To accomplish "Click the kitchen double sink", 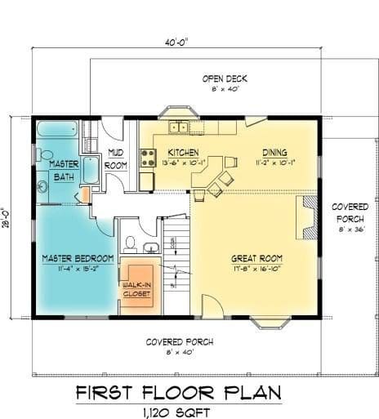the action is pos(179,127).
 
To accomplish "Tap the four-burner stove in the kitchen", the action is pos(148,158).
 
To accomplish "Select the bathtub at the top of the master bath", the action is pos(57,129).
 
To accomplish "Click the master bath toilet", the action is pos(44,155).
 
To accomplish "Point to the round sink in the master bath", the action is pos(42,187).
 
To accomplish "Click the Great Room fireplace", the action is pos(307,217).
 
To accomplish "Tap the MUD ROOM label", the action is pos(116,159).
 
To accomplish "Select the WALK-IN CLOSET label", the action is pos(136,290).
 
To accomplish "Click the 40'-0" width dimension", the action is pos(176,42).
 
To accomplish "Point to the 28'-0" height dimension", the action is pos(7,218).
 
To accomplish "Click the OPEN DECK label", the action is pos(225,79).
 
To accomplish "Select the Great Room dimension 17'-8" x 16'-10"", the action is pos(257,269).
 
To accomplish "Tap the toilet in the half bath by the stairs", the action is pos(130,243).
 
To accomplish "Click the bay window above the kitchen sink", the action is pos(179,112).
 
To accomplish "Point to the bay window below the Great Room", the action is pos(270,323).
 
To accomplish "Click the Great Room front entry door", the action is pos(212,306).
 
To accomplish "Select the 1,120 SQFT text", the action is pos(176,412).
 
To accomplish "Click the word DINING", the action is pos(274,153).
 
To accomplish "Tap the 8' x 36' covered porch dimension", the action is pos(352,230).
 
